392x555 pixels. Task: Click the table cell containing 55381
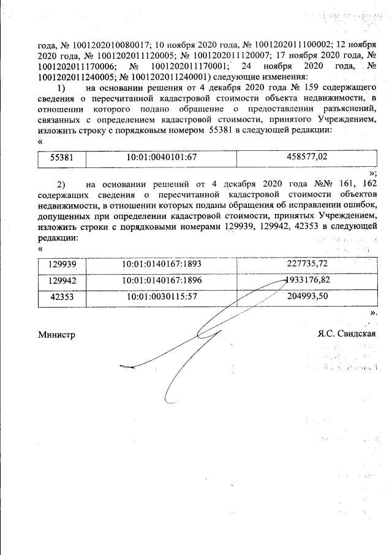[x=61, y=158]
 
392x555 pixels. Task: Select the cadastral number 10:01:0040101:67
[x=161, y=158]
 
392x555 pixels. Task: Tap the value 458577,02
[x=307, y=157]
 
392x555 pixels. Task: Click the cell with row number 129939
[x=61, y=264]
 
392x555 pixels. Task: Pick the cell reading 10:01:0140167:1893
[x=162, y=264]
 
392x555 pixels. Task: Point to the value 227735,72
[x=307, y=264]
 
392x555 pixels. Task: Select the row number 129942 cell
[x=61, y=280]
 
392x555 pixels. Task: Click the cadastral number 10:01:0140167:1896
[x=162, y=280]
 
